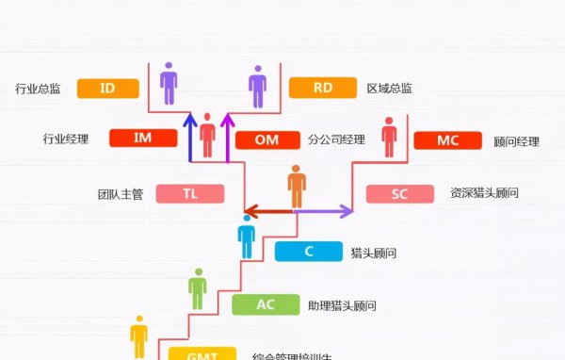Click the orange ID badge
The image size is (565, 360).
[x=108, y=89]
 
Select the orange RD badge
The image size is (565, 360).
[x=323, y=89]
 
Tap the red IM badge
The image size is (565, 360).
[x=143, y=139]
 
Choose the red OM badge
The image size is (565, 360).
[x=266, y=140]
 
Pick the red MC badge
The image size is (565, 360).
[x=447, y=140]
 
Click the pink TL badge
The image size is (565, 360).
[x=190, y=193]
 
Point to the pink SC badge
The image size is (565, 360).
[x=399, y=194]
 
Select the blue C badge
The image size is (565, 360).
[x=309, y=252]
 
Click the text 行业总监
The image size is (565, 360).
[x=39, y=90]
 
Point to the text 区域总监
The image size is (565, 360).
[x=389, y=90]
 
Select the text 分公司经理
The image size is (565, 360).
[x=335, y=140]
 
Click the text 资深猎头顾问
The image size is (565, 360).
[x=484, y=193]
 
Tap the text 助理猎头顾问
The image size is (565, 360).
[x=342, y=305]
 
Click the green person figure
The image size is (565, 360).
[x=197, y=289]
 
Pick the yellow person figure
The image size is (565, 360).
[x=139, y=336]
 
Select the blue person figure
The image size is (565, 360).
[x=247, y=236]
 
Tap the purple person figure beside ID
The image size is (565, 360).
[x=169, y=83]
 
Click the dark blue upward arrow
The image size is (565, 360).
[x=189, y=138]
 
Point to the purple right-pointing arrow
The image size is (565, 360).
[x=324, y=212]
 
